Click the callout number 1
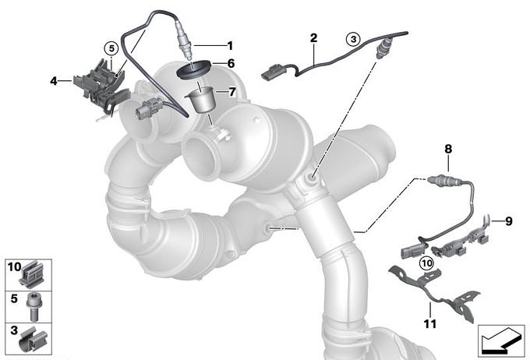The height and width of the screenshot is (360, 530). [230, 45]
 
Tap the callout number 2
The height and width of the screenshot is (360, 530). [313, 38]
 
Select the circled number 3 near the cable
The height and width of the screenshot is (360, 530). [353, 39]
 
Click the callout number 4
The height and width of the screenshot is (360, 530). [54, 81]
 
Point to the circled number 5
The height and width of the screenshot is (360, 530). [111, 48]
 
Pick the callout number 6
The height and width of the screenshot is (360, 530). [231, 63]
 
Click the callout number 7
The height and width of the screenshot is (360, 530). [232, 92]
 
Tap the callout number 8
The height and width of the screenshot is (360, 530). [448, 149]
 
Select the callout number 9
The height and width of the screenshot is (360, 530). [509, 221]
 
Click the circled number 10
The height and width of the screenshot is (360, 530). [427, 263]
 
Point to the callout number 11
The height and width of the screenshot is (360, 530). [430, 324]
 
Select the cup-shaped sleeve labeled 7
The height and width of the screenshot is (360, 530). [200, 100]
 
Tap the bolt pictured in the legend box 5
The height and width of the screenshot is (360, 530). [33, 306]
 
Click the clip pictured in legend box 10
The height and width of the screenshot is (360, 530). [33, 274]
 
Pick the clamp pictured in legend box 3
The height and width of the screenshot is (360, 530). [33, 340]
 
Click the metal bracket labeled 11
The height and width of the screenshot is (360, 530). [434, 292]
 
